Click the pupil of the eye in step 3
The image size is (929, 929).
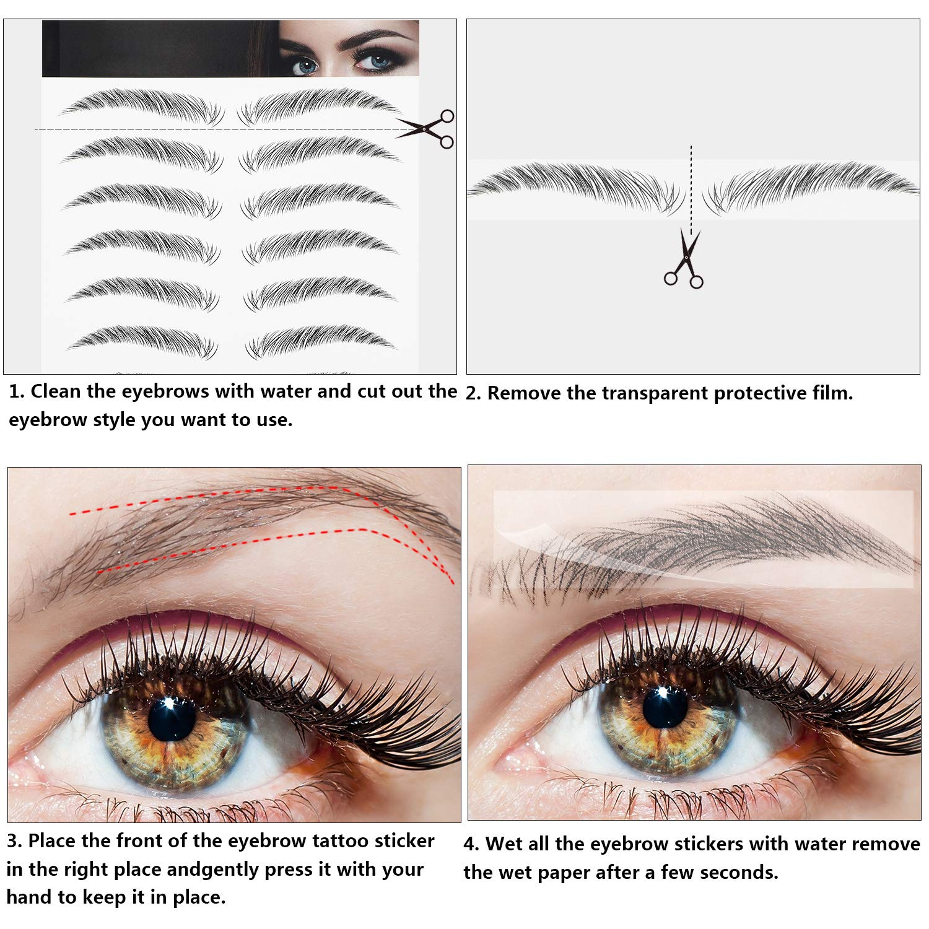click(172, 718)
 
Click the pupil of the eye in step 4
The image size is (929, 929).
click(665, 706)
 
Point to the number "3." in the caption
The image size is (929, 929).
click(15, 841)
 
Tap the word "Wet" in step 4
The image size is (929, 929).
click(503, 844)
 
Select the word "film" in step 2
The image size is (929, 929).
click(831, 393)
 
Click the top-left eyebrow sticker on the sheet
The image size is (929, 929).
click(142, 106)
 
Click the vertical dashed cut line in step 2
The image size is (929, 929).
click(691, 191)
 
